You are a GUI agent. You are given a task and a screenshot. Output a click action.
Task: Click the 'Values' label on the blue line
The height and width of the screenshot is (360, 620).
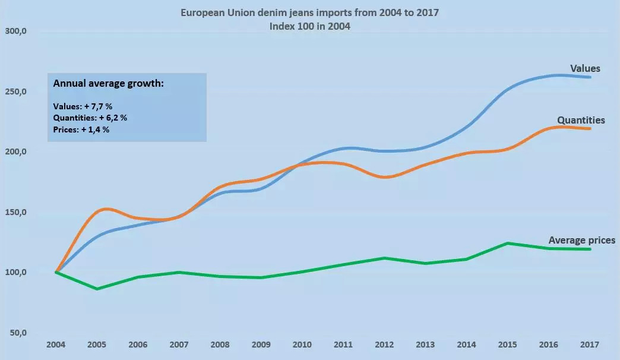point(585,69)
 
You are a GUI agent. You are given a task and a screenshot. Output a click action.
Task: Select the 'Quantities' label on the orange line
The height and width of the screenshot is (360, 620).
point(581,120)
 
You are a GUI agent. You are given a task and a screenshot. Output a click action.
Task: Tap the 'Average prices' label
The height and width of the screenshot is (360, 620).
point(581,241)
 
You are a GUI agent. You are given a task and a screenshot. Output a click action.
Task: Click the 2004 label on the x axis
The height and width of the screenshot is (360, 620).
point(56,345)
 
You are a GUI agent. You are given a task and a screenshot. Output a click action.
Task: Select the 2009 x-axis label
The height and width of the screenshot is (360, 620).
point(261,345)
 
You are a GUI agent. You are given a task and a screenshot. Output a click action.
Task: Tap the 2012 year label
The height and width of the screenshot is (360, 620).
point(384,345)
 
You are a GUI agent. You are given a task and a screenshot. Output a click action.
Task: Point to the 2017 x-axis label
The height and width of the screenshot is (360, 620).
point(589,345)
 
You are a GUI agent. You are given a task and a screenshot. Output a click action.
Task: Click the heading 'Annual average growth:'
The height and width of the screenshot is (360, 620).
point(108,84)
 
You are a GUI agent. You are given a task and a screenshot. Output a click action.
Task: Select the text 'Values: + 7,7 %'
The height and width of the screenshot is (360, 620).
point(83,106)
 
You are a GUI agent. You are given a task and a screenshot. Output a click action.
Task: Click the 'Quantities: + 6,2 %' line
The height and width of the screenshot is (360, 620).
point(90,118)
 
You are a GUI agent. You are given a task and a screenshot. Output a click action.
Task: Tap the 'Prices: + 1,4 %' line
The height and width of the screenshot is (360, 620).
point(81,129)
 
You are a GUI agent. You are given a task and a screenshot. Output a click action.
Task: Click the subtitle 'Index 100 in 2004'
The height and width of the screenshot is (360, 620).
point(309,26)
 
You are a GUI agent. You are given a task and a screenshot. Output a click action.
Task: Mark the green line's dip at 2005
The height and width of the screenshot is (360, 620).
point(97,289)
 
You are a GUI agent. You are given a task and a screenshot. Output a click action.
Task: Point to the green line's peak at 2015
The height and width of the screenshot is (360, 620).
point(507,243)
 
